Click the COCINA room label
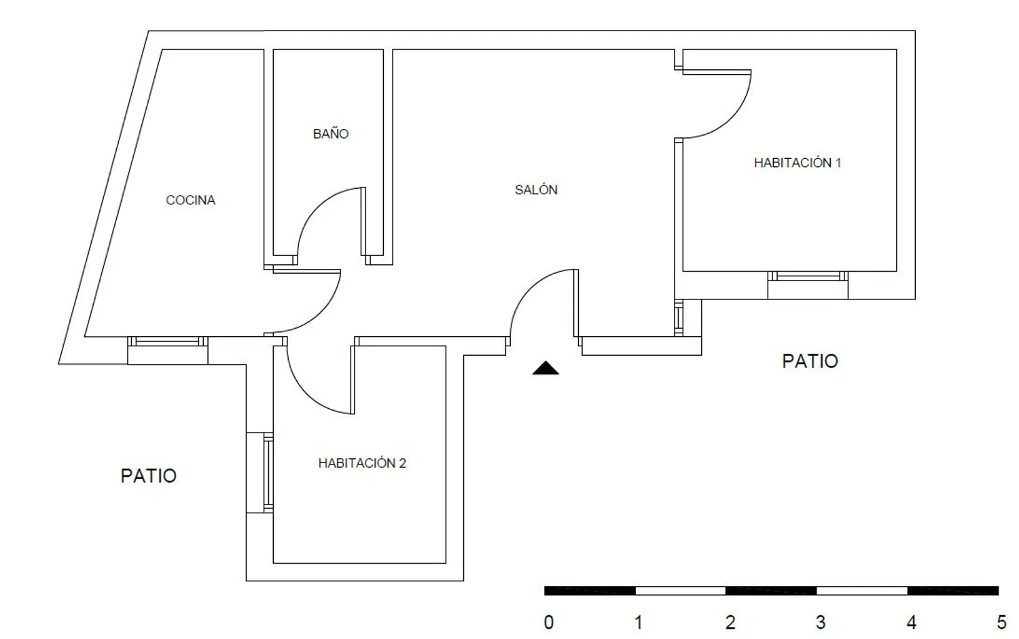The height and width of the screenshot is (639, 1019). (x=190, y=200)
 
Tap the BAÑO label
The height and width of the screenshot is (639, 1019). (x=331, y=133)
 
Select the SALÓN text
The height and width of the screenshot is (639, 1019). (x=536, y=189)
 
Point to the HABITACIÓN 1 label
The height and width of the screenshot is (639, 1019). (x=798, y=162)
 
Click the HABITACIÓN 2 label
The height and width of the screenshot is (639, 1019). (x=362, y=462)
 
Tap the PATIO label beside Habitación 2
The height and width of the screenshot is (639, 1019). (x=148, y=476)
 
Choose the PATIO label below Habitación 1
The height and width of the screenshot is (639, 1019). (x=810, y=361)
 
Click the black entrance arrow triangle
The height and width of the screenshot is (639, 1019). (x=546, y=368)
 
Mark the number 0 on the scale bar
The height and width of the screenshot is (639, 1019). (x=549, y=622)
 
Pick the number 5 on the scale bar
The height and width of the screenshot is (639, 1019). (x=1002, y=622)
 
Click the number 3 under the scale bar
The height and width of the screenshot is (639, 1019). (x=820, y=622)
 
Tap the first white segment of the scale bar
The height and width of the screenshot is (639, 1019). (x=680, y=591)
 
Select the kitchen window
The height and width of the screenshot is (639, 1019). (x=167, y=341)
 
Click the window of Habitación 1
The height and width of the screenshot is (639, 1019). (x=808, y=276)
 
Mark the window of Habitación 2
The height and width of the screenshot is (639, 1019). (x=268, y=473)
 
